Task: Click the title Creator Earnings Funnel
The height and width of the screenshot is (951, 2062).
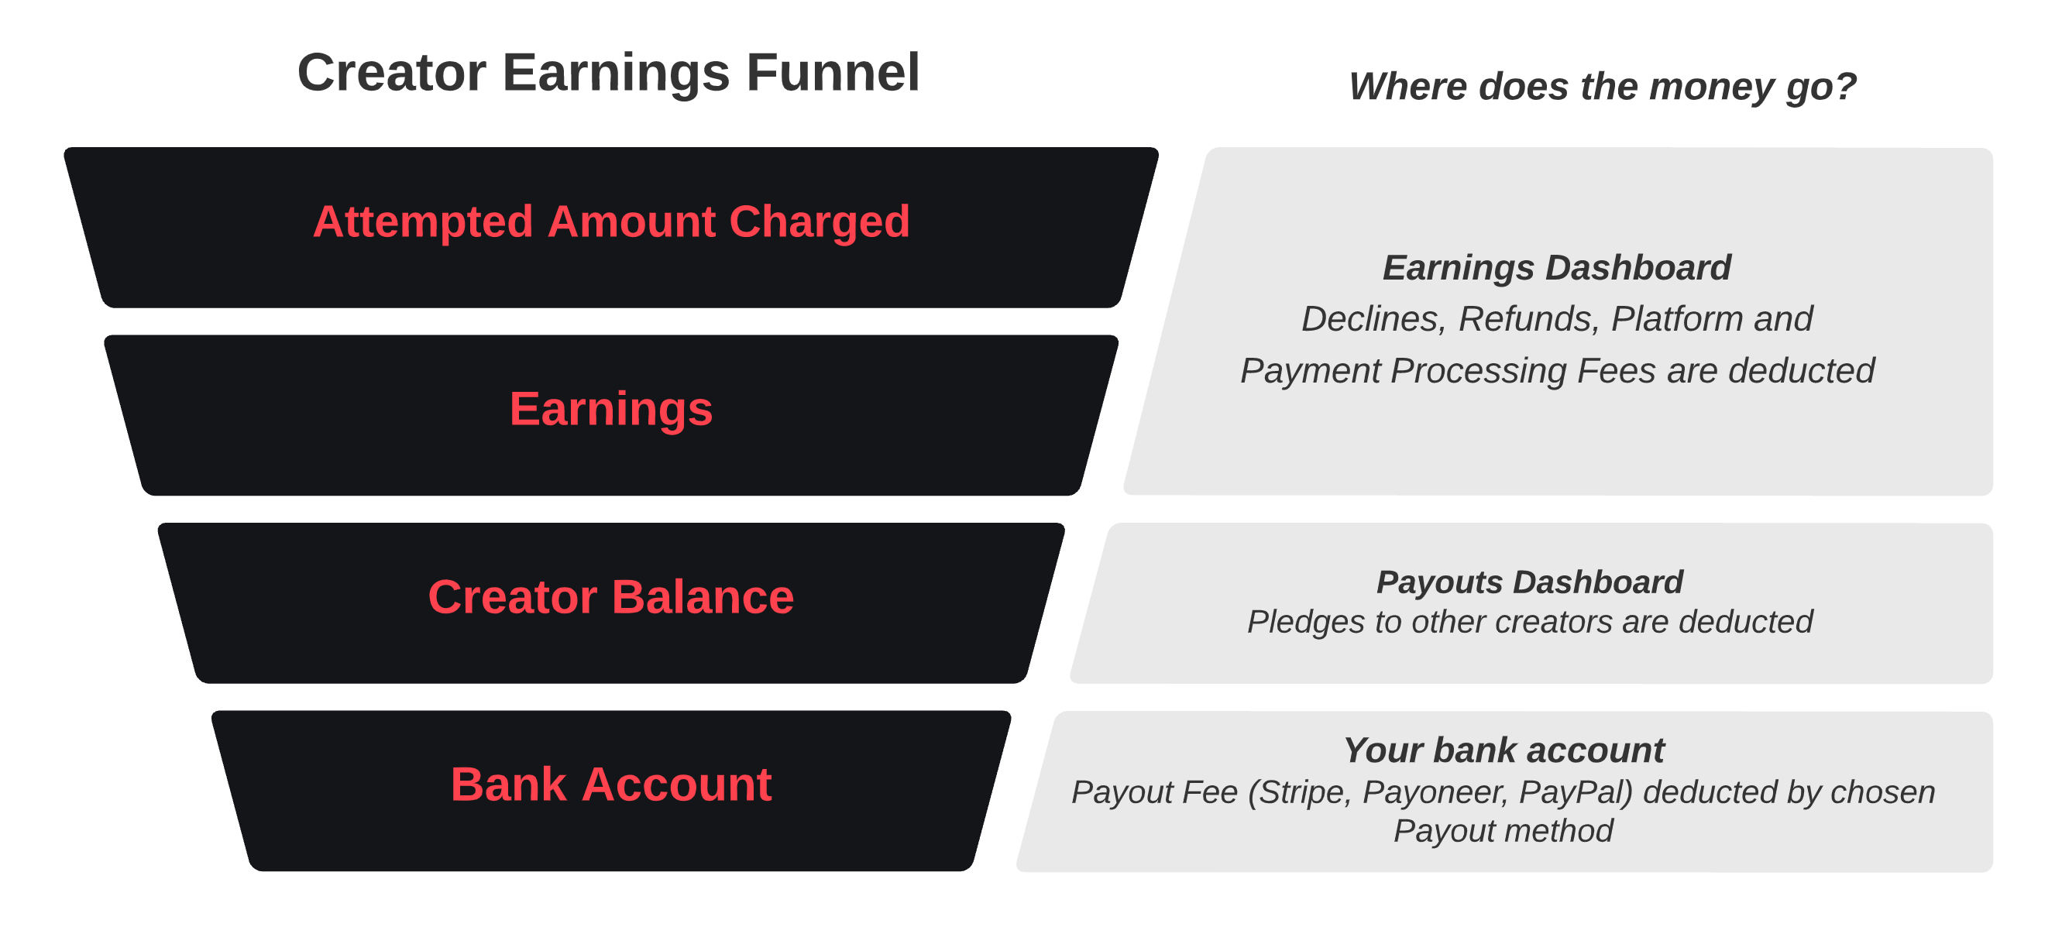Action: point(608,73)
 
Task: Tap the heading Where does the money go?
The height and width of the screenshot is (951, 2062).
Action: point(1603,87)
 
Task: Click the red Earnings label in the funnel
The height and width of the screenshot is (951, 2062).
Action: point(610,410)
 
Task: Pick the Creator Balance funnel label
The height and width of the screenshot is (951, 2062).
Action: point(610,597)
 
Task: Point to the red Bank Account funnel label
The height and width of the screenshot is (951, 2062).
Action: point(610,784)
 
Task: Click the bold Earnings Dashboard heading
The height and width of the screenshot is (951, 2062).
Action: point(1557,268)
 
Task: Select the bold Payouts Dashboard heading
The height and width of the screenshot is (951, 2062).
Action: point(1530,582)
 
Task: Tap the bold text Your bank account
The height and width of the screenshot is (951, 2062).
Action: point(1504,751)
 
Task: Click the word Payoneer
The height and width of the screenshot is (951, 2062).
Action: point(1435,792)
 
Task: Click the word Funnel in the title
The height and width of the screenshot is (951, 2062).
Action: point(833,73)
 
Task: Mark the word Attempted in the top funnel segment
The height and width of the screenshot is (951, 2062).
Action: point(423,221)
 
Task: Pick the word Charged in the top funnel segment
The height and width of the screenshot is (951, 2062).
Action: point(820,221)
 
